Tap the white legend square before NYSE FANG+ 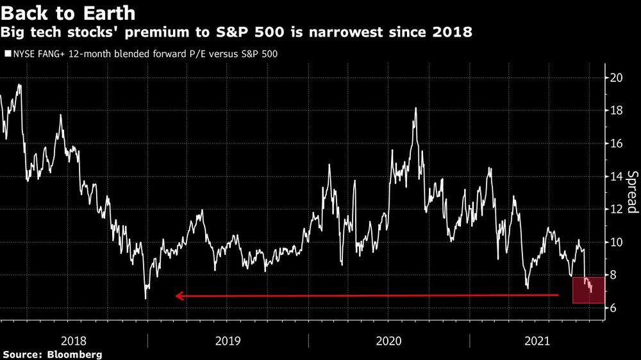click(8, 54)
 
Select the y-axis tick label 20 click(615, 78)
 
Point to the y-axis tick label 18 click(615, 111)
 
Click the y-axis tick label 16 click(615, 143)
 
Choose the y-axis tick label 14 click(615, 176)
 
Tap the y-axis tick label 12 click(615, 209)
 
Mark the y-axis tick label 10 click(615, 242)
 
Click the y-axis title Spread click(631, 192)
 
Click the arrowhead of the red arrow click(179, 296)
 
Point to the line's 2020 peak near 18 click(416, 108)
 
